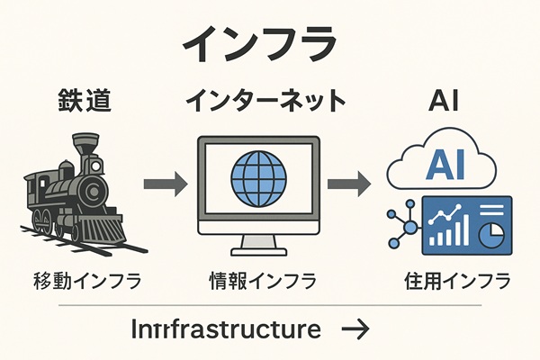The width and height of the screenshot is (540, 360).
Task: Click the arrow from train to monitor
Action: [x=165, y=184]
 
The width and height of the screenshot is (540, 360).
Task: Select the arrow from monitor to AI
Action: [x=347, y=184]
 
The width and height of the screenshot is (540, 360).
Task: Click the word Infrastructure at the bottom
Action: [x=225, y=329]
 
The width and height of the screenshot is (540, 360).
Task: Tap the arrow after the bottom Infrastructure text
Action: [x=355, y=330]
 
